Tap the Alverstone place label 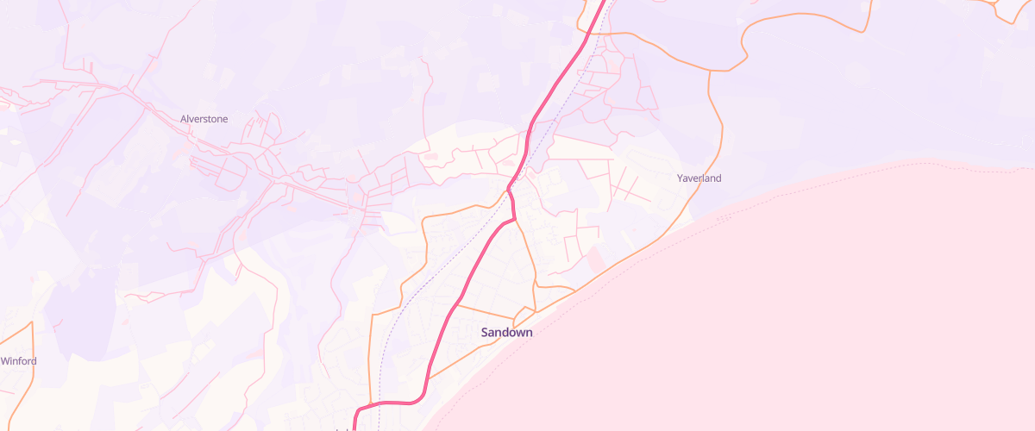(204, 119)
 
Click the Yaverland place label (699, 178)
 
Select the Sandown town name (506, 332)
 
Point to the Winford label (18, 361)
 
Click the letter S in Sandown (485, 332)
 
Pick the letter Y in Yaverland (680, 178)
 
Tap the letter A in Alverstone (184, 119)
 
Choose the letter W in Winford (4, 361)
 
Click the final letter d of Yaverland (718, 178)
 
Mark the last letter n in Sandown (528, 332)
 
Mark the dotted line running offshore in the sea (776, 185)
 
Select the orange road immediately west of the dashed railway (371, 345)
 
